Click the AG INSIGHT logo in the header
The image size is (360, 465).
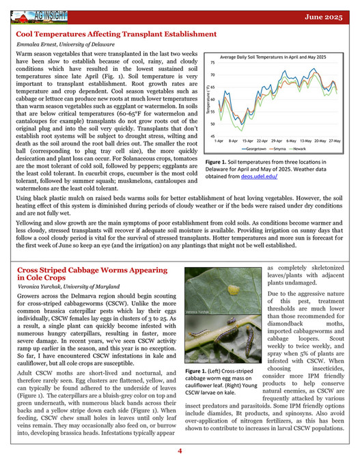48,12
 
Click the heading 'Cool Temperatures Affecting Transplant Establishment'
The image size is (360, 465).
115,33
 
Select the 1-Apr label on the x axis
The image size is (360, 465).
220,142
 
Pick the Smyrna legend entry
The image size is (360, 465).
281,149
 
